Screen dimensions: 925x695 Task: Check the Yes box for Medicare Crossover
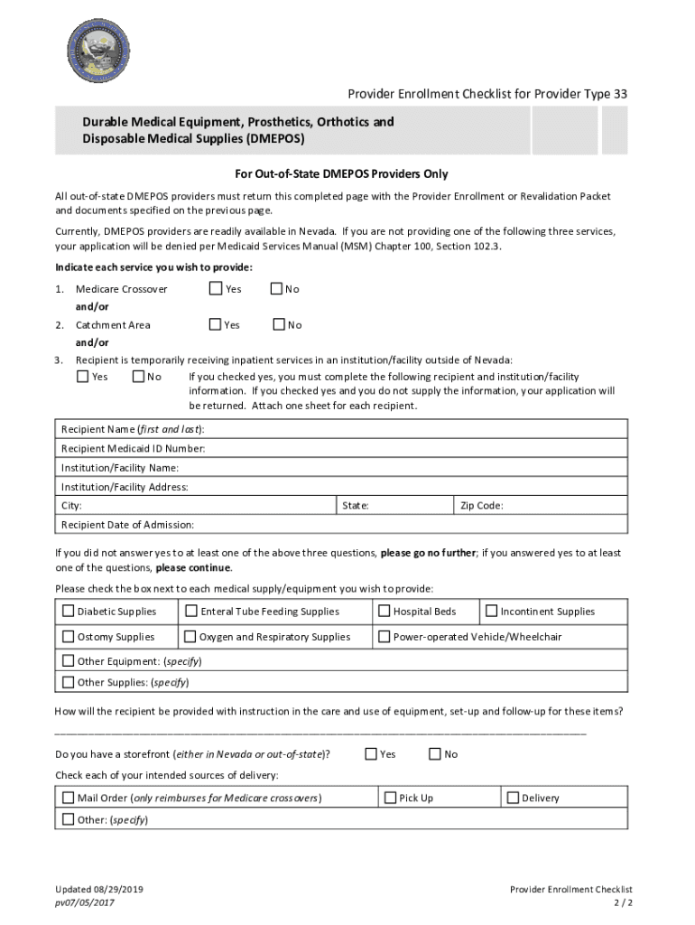(x=216, y=289)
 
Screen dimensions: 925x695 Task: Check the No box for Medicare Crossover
(x=277, y=289)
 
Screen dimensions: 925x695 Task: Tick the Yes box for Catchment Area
(x=216, y=324)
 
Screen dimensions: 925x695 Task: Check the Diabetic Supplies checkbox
(x=69, y=611)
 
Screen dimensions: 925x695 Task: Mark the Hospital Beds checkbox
(x=385, y=611)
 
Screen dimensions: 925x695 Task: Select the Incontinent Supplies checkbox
(x=492, y=611)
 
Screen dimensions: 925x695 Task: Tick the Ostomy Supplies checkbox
(x=69, y=636)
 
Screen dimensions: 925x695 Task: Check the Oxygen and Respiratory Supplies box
(x=190, y=636)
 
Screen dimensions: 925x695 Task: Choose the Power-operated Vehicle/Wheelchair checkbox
(x=385, y=636)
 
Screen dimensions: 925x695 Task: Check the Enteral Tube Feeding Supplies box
(x=191, y=611)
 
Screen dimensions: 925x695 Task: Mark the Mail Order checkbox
(x=69, y=798)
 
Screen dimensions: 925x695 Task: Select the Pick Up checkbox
(x=391, y=798)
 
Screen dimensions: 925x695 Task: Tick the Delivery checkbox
(x=513, y=798)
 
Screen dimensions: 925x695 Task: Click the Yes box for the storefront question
(x=371, y=753)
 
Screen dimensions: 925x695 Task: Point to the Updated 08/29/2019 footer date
(x=99, y=890)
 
